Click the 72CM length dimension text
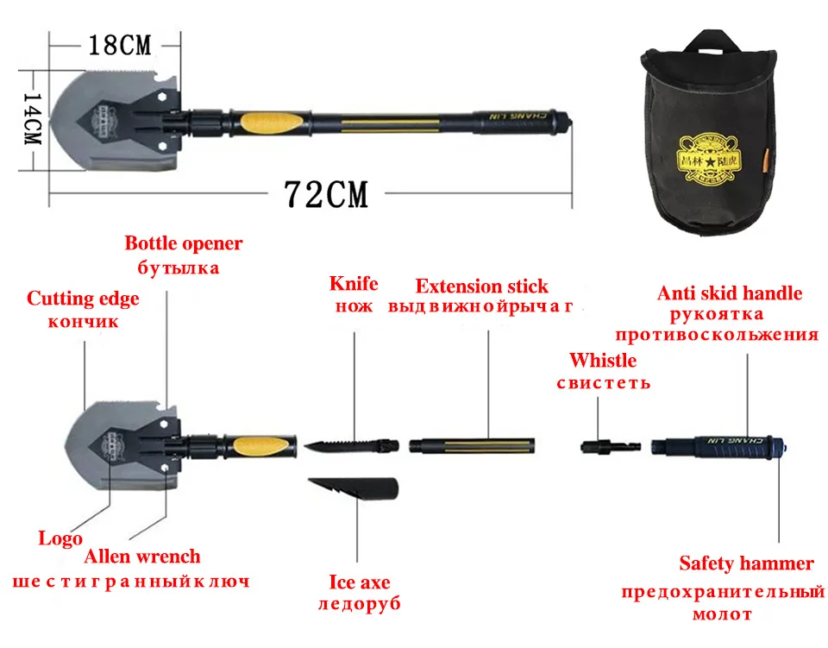(x=327, y=195)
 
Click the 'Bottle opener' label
(x=184, y=243)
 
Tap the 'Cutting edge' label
(x=83, y=299)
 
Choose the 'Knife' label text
(x=354, y=284)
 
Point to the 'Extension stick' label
(x=481, y=286)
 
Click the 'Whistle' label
(x=602, y=360)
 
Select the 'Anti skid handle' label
(x=730, y=293)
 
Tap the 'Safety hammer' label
(x=746, y=564)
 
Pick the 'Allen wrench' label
(x=141, y=557)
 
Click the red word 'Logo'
(x=60, y=538)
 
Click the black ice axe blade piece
(x=354, y=491)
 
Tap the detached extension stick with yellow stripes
(x=472, y=445)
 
